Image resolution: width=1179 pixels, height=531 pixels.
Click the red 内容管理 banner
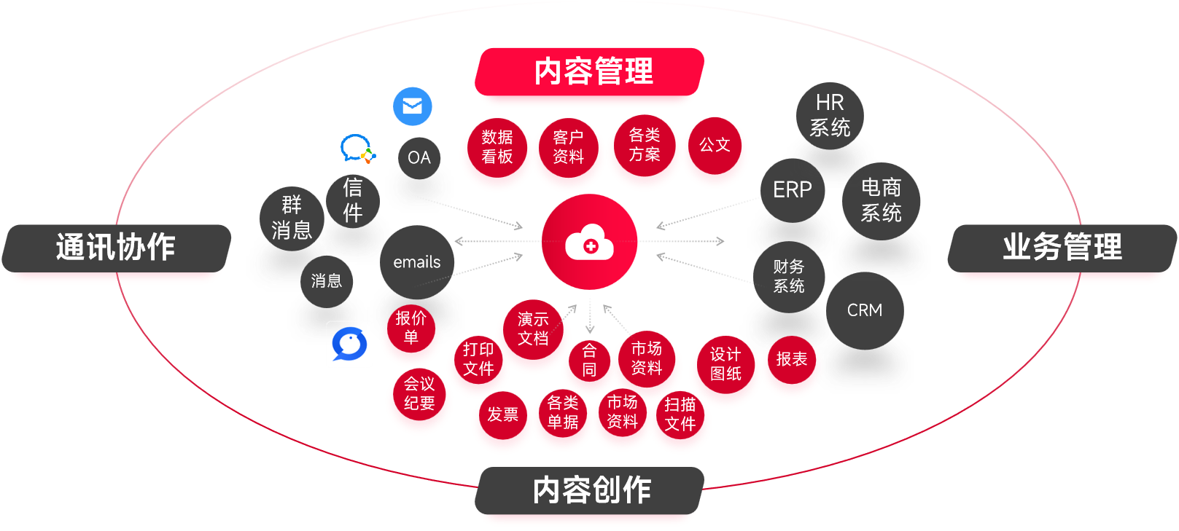(x=592, y=72)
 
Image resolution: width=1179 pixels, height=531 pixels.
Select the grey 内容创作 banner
(x=591, y=490)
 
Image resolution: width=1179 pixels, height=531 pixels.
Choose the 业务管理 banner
(x=1062, y=248)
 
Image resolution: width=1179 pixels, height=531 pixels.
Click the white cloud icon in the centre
(x=589, y=243)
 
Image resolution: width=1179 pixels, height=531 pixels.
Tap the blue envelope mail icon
(x=413, y=106)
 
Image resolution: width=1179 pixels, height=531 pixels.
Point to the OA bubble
(x=419, y=158)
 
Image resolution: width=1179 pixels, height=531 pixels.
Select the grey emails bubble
(x=417, y=262)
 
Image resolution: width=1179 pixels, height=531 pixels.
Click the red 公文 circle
(x=715, y=146)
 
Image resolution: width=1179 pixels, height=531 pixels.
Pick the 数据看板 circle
(x=497, y=147)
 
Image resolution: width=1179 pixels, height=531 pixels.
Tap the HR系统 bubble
(x=830, y=116)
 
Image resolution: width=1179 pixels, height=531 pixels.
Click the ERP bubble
(x=793, y=190)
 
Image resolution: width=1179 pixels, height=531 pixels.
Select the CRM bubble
(x=865, y=310)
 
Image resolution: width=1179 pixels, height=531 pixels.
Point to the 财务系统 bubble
(x=789, y=277)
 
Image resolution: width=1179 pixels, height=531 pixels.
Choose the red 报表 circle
(x=791, y=360)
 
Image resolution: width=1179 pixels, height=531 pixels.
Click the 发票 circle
(x=502, y=415)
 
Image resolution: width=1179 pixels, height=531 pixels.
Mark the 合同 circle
(x=589, y=361)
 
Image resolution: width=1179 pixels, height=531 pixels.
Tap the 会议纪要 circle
(x=419, y=394)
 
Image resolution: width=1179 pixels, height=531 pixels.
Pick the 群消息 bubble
(x=292, y=218)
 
